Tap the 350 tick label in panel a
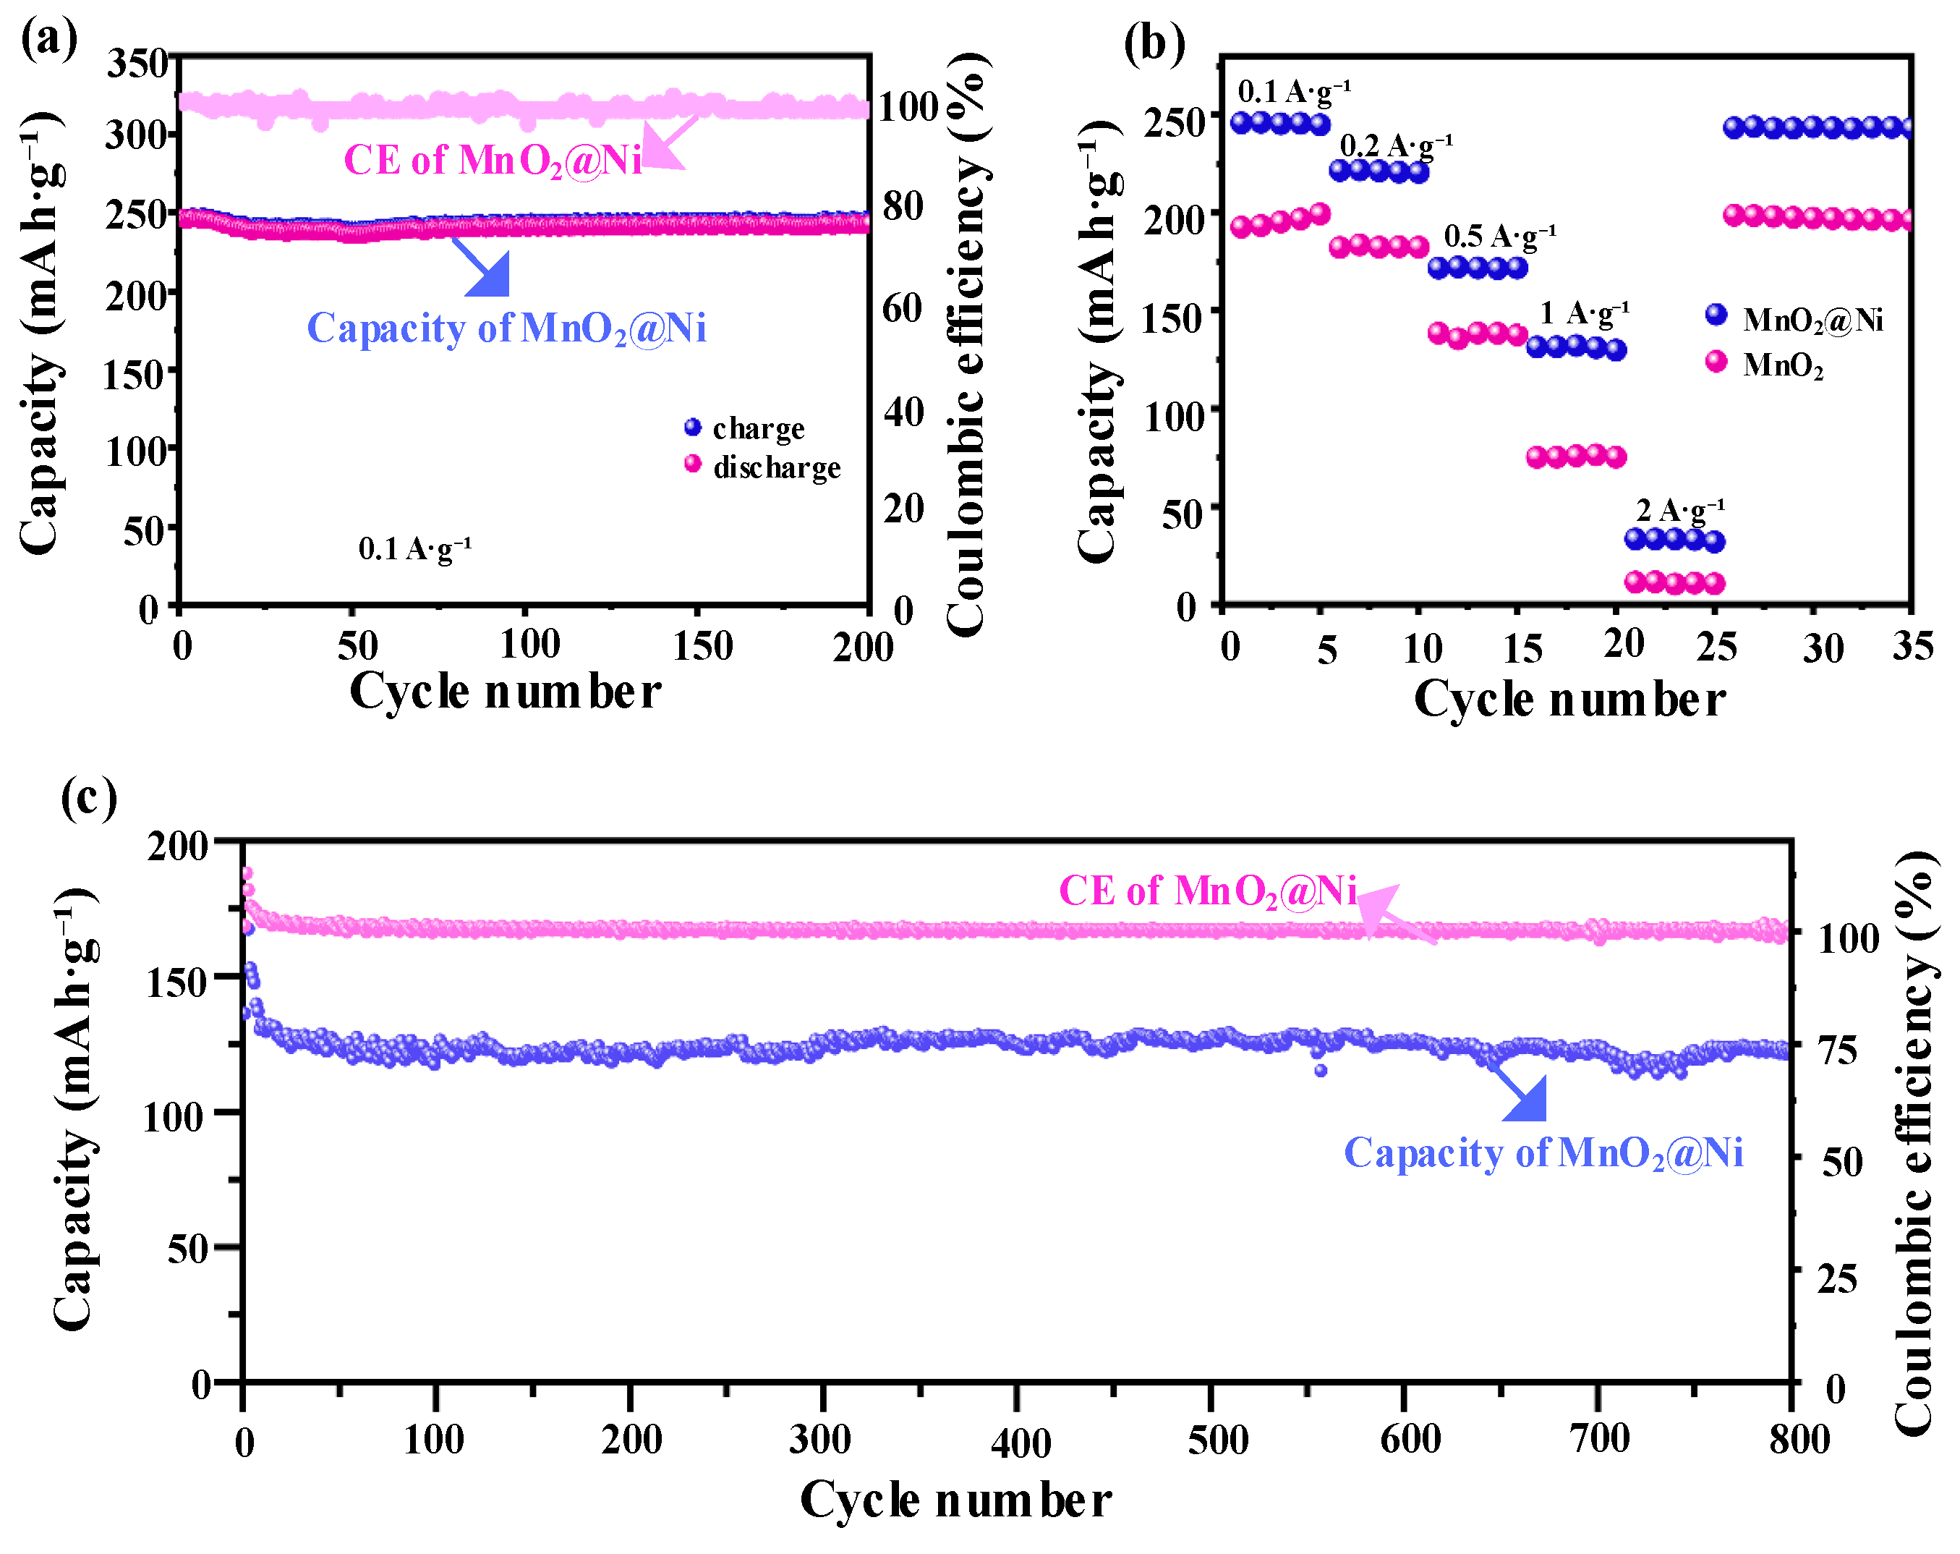pos(137,64)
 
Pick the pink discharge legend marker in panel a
pos(693,464)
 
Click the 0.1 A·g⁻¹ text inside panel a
pos(414,548)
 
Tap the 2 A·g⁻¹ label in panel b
pos(1679,509)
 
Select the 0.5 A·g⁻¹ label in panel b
pos(1500,237)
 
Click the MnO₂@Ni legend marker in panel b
pos(1716,315)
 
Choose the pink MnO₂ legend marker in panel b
pos(1716,362)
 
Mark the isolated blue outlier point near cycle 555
pos(1320,1070)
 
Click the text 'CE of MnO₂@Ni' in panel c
pos(1207,891)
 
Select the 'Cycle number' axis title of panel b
pos(1569,700)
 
